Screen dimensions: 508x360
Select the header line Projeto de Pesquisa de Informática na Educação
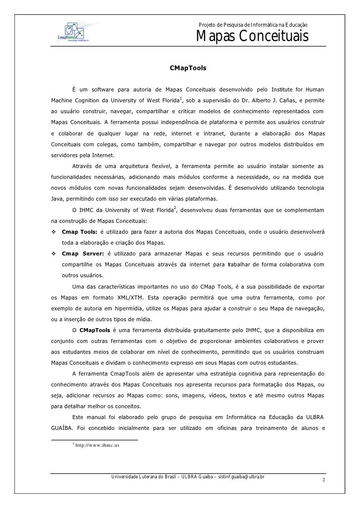pyautogui.click(x=253, y=25)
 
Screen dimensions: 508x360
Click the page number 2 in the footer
pyautogui.click(x=323, y=480)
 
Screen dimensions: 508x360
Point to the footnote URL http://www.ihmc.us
pyautogui.click(x=97, y=445)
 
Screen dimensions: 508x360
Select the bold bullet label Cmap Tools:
pyautogui.click(x=79, y=232)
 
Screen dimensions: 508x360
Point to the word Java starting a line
pyautogui.click(x=57, y=199)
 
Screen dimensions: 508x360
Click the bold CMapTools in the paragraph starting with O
pyautogui.click(x=95, y=330)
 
